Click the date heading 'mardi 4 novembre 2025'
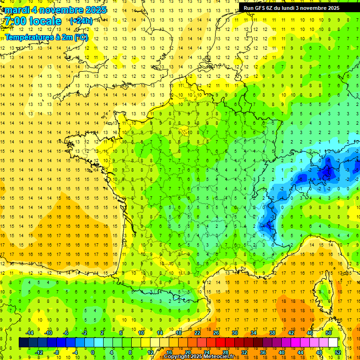coord(56,9)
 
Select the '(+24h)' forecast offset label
coord(81,21)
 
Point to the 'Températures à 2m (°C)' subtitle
coord(46,37)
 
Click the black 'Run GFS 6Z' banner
coord(292,7)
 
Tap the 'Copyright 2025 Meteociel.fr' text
coord(199,357)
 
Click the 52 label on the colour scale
coord(338,352)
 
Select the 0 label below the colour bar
coord(93,352)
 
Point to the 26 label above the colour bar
coord(216,332)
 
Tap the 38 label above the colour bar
coord(272,332)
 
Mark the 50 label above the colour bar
coord(328,332)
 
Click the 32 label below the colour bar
coord(244,352)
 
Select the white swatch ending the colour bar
coord(333,342)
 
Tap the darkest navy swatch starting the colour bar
coord(23,342)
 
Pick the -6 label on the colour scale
coord(66,332)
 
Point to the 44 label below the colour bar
coord(300,352)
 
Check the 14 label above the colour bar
coord(160,332)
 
